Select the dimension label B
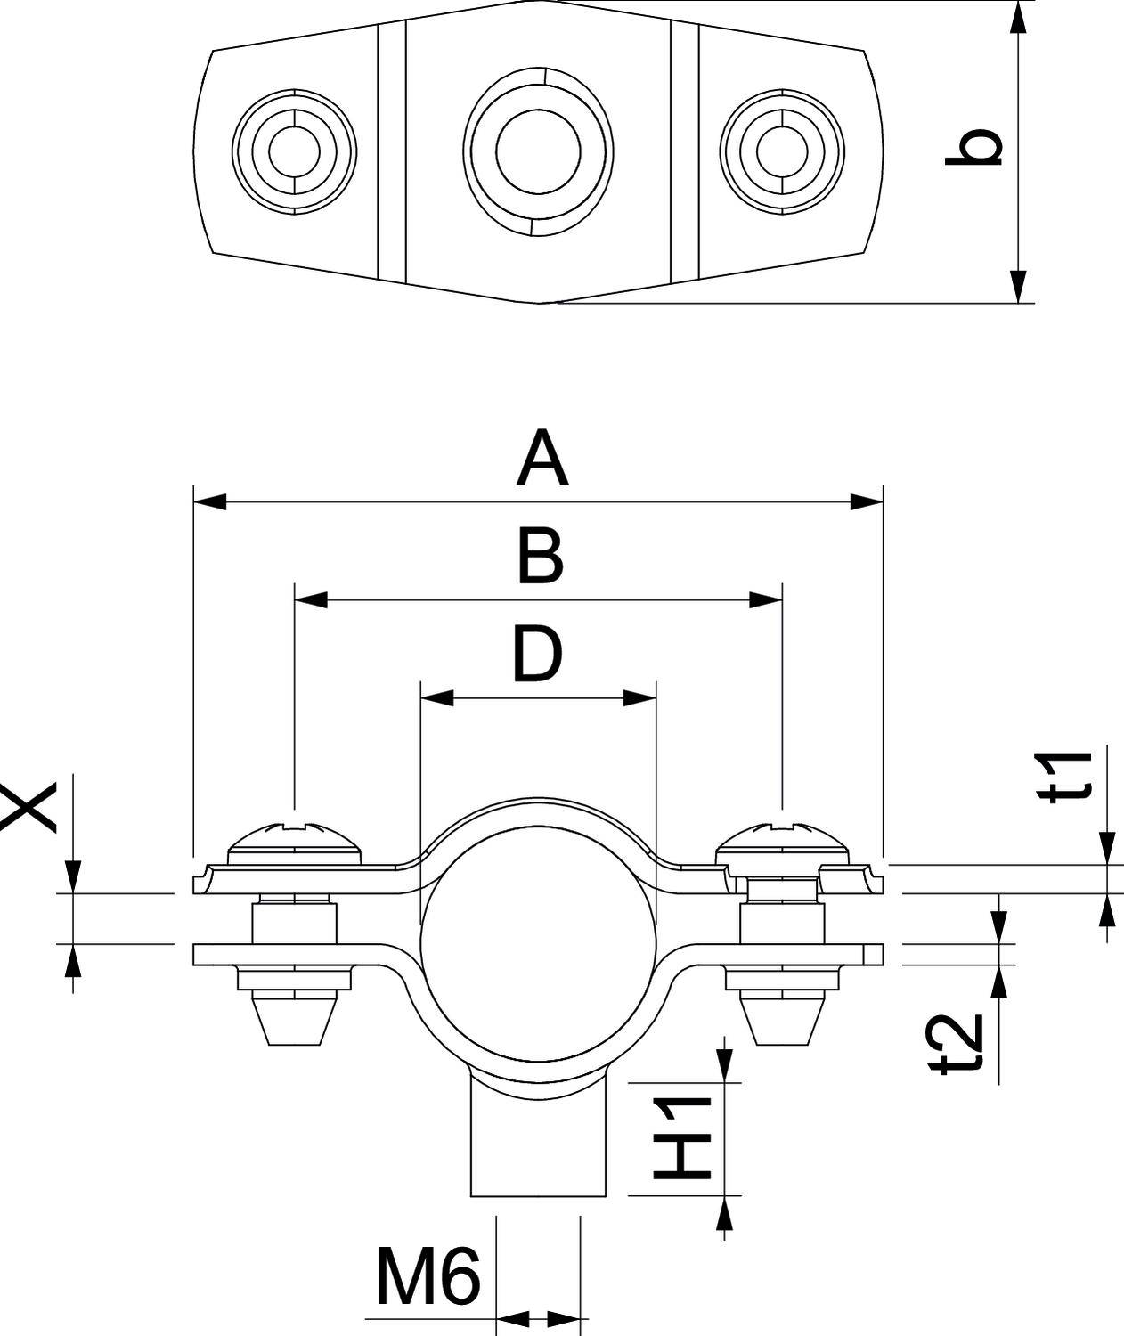point(540,558)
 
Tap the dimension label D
point(537,654)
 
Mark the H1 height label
point(683,1137)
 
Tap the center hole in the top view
point(538,151)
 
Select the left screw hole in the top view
point(294,151)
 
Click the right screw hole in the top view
point(781,151)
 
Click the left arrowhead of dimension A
point(210,502)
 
